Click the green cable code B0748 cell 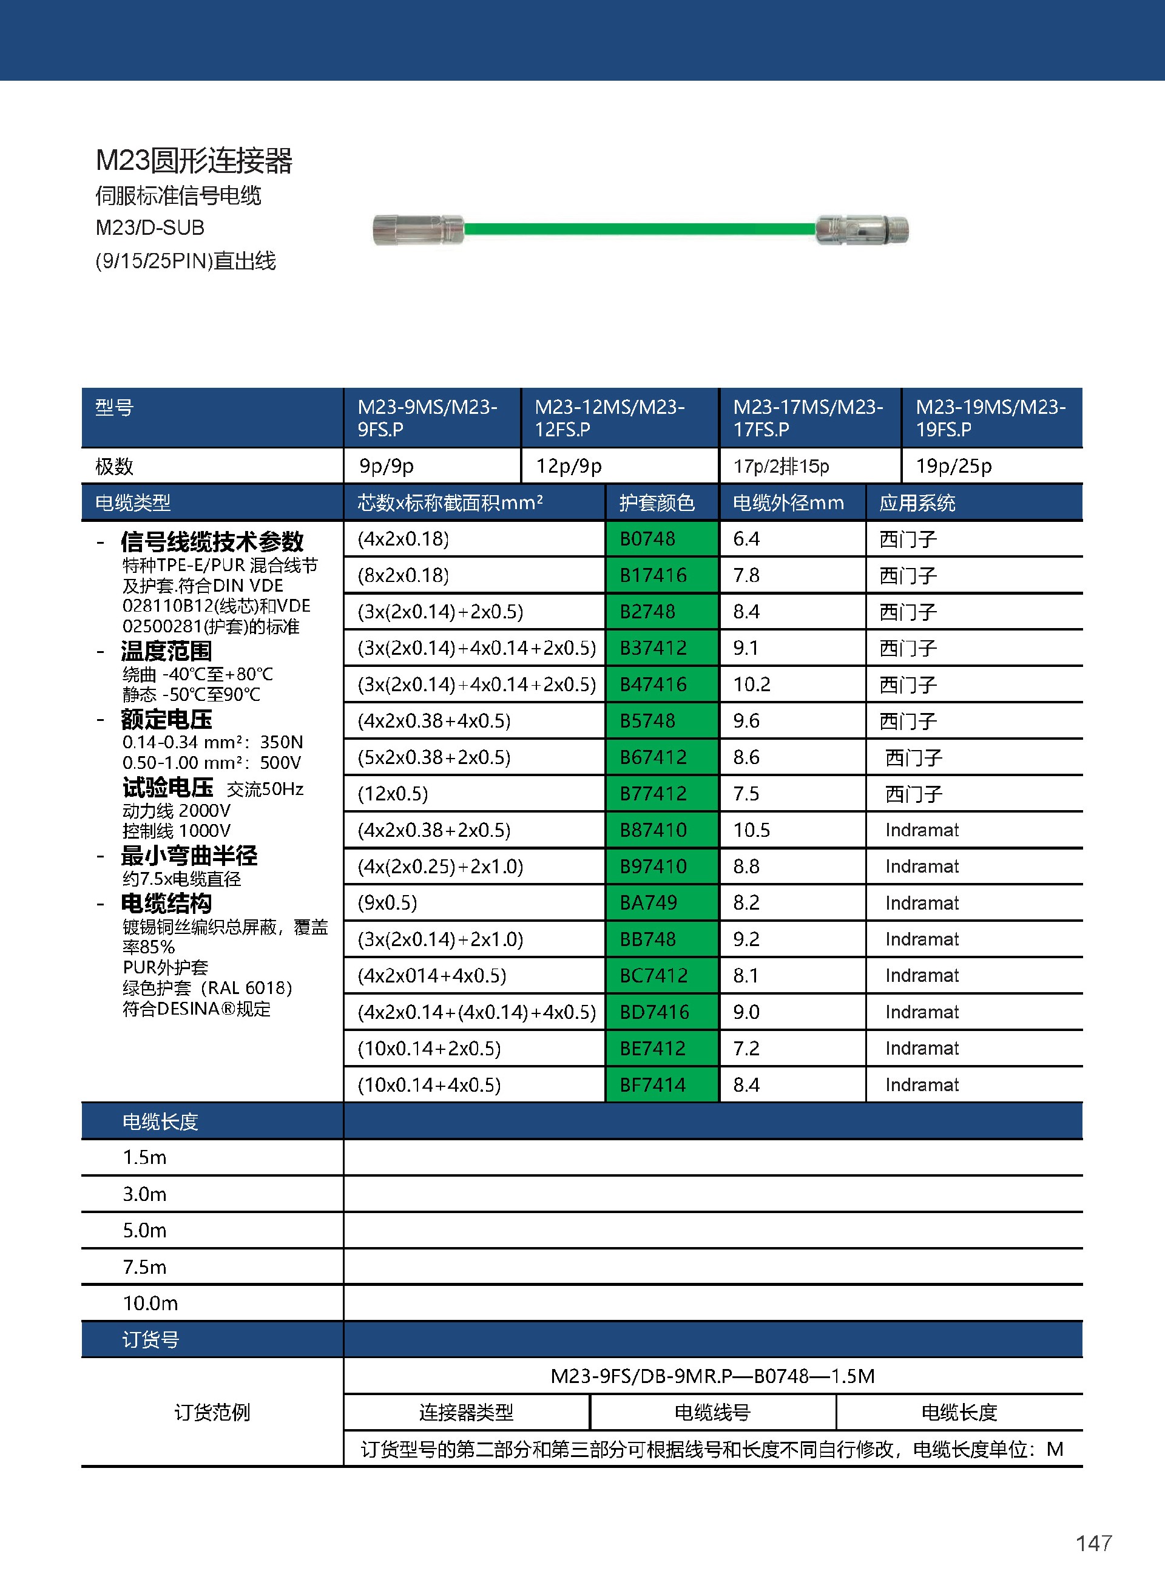pos(661,539)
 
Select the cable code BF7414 pos(661,1084)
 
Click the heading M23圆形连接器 pos(194,161)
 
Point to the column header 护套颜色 pos(657,503)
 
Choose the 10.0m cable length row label pos(150,1304)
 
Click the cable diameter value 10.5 pos(752,830)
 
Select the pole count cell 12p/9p pos(569,466)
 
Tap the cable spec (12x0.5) pos(393,793)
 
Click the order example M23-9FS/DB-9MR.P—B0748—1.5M pos(712,1376)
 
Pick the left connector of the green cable pos(417,230)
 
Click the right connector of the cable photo pos(862,230)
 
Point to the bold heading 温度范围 pos(166,651)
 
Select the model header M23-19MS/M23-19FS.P pos(990,418)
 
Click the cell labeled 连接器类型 pos(466,1412)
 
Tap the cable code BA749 pos(661,903)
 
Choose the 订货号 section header pos(151,1339)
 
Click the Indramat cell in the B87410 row pos(922,830)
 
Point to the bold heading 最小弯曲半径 pos(189,856)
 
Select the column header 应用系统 pos(917,503)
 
